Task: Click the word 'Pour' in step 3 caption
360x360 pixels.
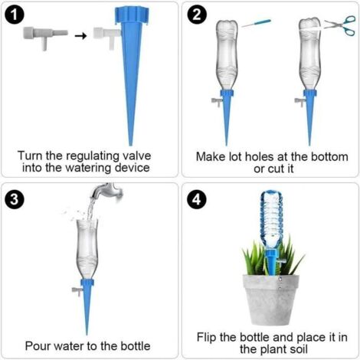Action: [x=39, y=345]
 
